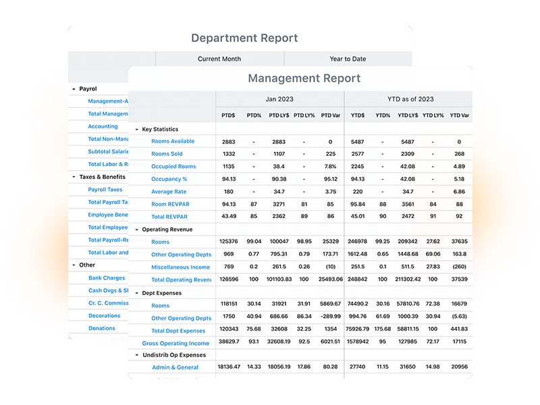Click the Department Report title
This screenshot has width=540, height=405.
244,38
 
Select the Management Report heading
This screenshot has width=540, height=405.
304,78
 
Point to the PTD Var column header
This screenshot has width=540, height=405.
331,115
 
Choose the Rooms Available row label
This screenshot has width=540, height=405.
173,142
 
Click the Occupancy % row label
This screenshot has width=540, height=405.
169,179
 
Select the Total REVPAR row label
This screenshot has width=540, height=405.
167,217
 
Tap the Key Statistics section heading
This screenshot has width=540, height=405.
160,129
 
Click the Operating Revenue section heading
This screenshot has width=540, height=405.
167,230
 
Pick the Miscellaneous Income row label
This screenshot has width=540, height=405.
180,267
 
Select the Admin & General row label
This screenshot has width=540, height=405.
175,367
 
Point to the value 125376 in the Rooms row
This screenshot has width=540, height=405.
228,242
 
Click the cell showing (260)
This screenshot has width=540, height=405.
459,267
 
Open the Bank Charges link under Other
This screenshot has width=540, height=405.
107,278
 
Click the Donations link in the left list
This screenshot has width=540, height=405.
102,329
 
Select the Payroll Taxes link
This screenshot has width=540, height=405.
105,190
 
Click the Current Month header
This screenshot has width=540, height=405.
219,59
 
